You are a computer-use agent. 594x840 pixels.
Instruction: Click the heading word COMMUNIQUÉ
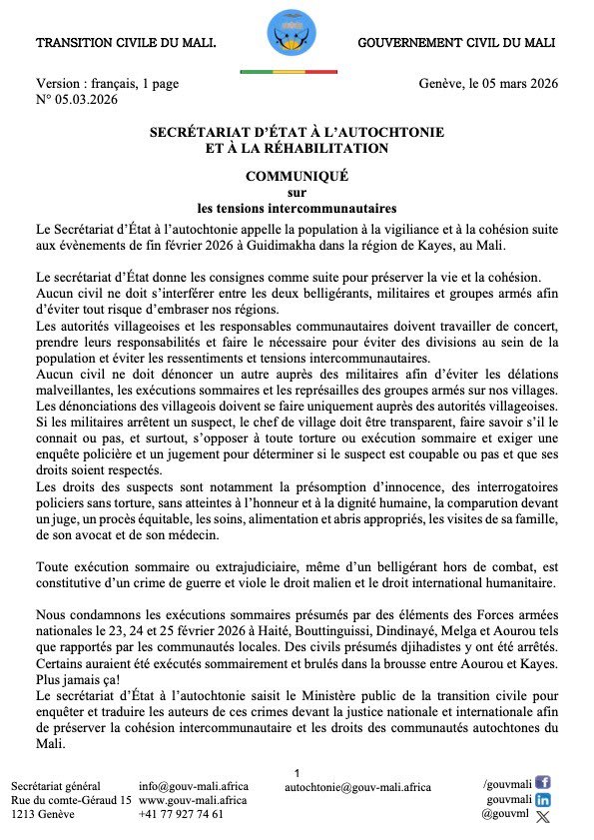pos(297,176)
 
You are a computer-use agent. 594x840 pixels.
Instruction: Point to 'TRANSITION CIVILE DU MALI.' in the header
pos(126,44)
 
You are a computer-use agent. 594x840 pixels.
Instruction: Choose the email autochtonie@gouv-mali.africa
pos(357,787)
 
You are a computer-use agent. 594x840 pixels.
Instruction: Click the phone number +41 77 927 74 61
pos(182,814)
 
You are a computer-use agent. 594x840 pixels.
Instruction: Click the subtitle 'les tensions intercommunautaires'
pos(297,209)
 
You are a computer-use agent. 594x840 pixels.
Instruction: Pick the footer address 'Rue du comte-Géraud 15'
pos(71,800)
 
